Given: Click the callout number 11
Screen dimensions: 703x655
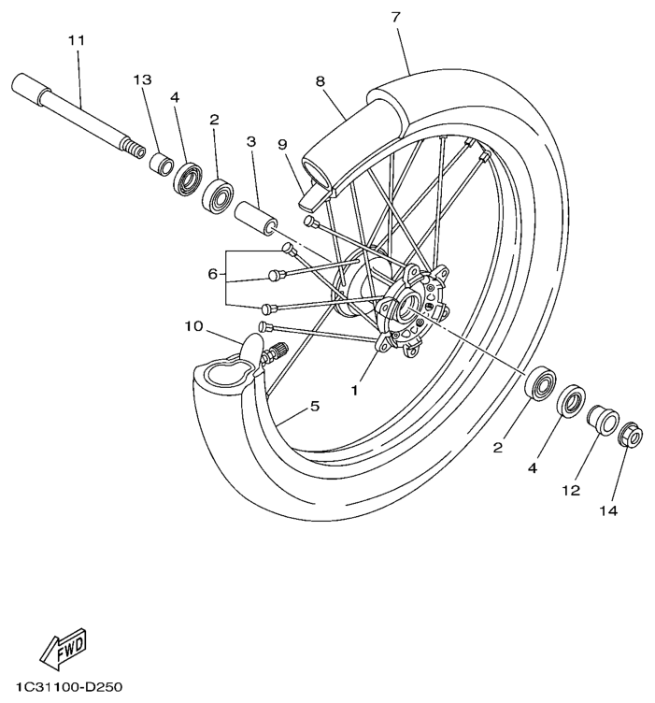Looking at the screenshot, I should click(x=76, y=41).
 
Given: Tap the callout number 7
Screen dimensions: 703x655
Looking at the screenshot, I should click(x=396, y=18).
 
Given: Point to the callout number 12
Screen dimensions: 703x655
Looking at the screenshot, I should click(x=571, y=490).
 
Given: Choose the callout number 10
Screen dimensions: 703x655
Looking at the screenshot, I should click(x=193, y=326).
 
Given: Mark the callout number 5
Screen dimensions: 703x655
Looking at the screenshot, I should click(x=314, y=406).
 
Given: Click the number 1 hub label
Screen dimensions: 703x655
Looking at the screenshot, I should click(x=354, y=390).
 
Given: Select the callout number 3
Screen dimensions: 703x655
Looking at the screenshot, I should click(x=251, y=141).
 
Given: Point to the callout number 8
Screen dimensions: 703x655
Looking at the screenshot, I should click(x=320, y=81).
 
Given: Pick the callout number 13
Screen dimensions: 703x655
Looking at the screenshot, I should click(x=142, y=80).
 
